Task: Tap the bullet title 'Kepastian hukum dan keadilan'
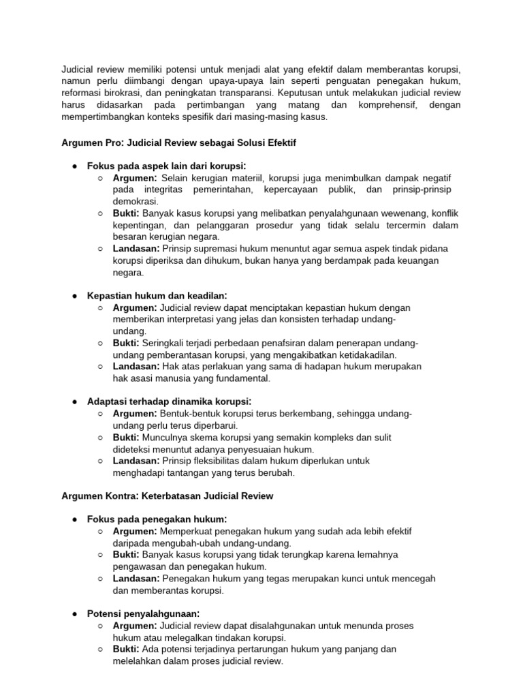pos(157,295)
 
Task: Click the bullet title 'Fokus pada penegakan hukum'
pos(157,519)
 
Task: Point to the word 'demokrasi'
pos(135,202)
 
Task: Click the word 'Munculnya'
pos(166,438)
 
